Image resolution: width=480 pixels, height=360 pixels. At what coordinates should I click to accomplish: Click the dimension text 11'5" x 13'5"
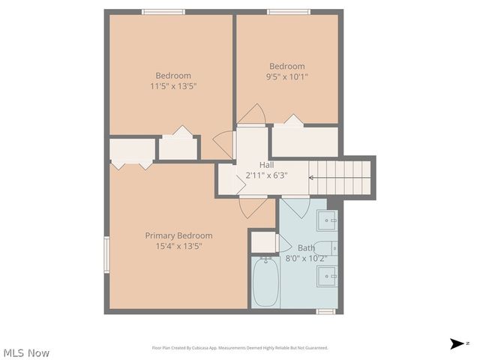[x=173, y=86]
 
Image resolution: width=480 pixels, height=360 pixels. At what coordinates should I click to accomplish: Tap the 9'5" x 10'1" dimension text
[x=287, y=76]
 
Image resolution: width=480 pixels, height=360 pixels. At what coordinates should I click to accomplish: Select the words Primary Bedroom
[x=178, y=235]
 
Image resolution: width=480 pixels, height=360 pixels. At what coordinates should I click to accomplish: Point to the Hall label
[x=266, y=165]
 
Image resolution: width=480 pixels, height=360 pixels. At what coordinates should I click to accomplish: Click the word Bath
[x=306, y=247]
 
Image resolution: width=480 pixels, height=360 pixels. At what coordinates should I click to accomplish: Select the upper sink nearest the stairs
[x=327, y=220]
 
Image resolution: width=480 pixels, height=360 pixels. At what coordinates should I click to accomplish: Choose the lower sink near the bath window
[x=327, y=276]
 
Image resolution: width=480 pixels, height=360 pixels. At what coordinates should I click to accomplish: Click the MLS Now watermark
[x=26, y=352]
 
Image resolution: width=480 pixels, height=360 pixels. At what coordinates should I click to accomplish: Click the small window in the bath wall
[x=325, y=311]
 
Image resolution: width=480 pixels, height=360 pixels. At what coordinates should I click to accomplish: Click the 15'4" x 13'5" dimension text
[x=178, y=246]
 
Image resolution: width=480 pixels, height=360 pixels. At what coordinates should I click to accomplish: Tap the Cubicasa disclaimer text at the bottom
[x=240, y=348]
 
